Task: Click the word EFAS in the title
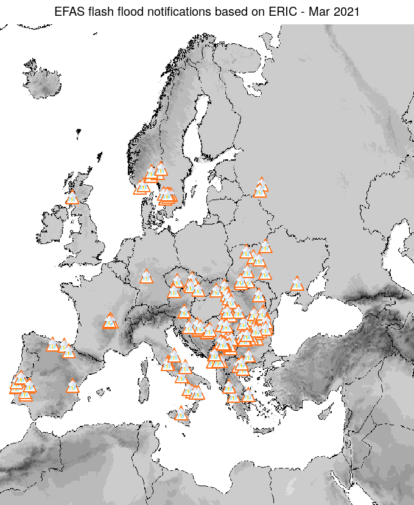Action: coord(68,11)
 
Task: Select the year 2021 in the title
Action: coord(347,11)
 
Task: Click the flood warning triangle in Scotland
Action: coord(72,198)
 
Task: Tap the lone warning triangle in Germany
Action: coord(146,277)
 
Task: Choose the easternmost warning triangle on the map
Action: coord(297,284)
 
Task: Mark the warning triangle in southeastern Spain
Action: coord(73,386)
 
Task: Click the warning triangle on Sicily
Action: coord(181,414)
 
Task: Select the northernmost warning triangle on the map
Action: coord(161,169)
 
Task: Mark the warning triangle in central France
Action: coord(110,321)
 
